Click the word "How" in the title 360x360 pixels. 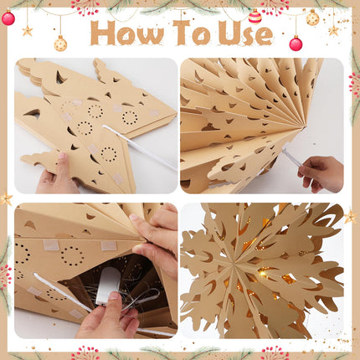point(127,33)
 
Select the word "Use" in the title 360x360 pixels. point(245,33)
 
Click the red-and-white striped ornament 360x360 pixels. point(255,17)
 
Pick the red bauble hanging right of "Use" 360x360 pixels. point(296,44)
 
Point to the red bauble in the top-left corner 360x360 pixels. point(8,18)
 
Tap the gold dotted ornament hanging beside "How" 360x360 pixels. point(60,44)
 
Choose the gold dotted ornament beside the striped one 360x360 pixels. point(312,18)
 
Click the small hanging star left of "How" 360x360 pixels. point(28,31)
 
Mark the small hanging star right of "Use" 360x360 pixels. point(333,30)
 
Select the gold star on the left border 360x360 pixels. point(6,198)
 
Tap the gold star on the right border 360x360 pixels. point(350,217)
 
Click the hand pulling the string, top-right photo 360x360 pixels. point(321,173)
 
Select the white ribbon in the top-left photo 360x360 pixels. point(140,148)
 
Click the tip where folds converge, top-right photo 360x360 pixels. point(303,128)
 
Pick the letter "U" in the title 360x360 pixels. point(229,33)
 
